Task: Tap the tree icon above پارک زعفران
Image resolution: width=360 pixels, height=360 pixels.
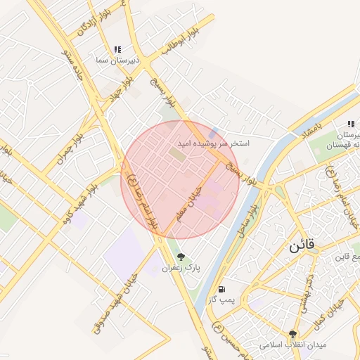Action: coord(181,257)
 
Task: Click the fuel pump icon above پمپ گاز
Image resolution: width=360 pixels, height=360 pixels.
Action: coord(222,288)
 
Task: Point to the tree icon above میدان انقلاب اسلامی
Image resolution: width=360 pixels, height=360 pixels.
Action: coord(293,334)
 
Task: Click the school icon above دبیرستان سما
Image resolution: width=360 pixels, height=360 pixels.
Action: coord(117,50)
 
